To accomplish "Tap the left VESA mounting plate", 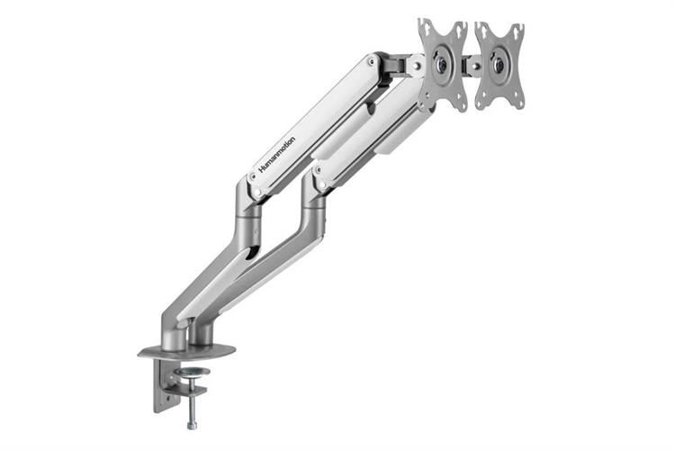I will click(443, 65).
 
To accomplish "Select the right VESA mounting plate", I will click(499, 65).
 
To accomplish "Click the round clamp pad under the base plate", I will click(190, 372).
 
